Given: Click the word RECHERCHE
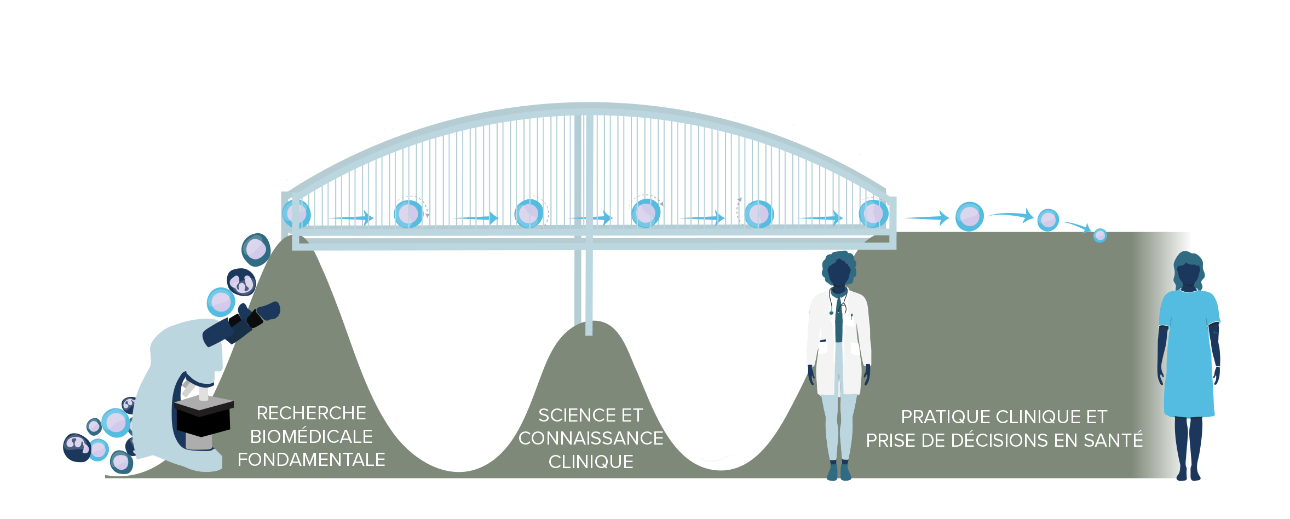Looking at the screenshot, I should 311,413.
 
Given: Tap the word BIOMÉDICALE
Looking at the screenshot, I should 311,437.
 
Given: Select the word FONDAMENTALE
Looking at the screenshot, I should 311,460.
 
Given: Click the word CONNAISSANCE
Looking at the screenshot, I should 591,439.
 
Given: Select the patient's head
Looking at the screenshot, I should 1189,270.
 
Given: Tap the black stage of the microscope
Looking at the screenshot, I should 204,407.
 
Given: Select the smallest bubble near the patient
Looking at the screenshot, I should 1100,235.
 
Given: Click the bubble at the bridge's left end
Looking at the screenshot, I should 296,214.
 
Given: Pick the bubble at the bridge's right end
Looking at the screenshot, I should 873,214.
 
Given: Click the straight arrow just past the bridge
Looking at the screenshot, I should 925,218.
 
